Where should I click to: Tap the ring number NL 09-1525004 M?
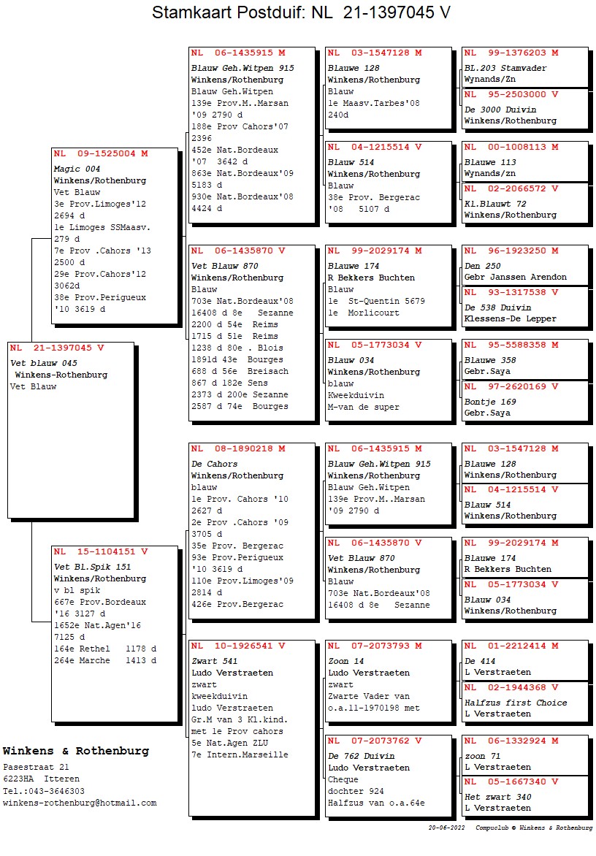101,154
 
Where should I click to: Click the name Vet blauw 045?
44,363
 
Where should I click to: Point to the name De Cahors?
215,464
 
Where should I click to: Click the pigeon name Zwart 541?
215,661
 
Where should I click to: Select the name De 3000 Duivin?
500,110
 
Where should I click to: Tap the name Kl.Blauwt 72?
495,204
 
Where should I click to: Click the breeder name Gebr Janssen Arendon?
515,278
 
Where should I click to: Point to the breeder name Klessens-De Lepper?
510,319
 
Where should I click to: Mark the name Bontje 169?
490,402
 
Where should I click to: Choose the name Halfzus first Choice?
516,703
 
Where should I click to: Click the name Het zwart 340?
498,797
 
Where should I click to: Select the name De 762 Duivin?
362,756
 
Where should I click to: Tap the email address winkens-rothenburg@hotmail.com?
80,803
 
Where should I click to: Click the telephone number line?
44,791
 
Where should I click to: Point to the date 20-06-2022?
447,828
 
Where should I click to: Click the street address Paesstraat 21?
36,768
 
